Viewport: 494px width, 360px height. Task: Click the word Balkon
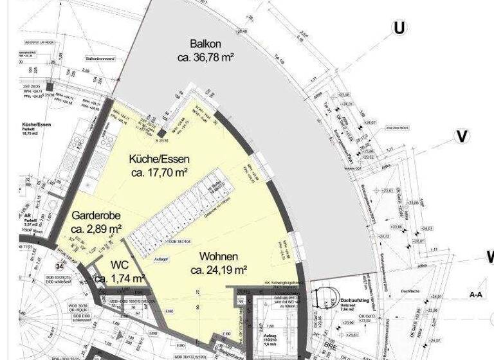click(x=205, y=44)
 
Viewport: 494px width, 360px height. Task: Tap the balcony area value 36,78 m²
click(x=205, y=58)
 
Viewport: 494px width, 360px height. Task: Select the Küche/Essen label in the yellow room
click(x=159, y=159)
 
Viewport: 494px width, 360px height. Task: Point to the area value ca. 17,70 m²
click(x=159, y=173)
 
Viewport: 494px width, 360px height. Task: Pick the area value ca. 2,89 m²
click(x=96, y=229)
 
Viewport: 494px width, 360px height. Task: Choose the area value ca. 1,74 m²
click(x=120, y=278)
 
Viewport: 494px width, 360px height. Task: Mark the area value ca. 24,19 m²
click(x=218, y=269)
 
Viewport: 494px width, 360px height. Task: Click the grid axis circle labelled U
click(x=400, y=28)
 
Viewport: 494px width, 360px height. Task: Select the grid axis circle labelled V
click(x=462, y=136)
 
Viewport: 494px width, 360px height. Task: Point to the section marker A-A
click(x=477, y=294)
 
